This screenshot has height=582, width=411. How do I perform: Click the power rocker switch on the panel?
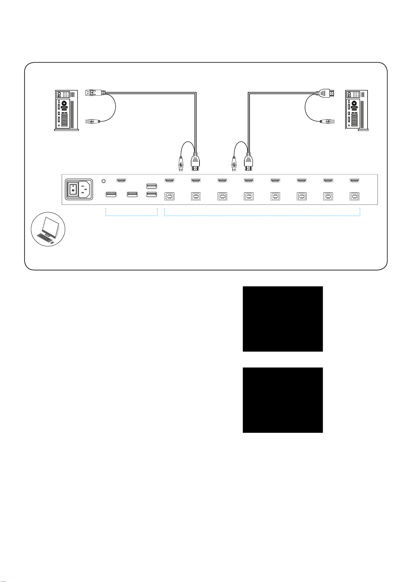72,189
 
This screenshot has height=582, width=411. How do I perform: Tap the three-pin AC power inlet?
85,189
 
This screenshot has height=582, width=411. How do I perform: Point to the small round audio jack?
105,181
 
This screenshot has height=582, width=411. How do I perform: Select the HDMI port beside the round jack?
121,180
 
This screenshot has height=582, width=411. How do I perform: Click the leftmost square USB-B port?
169,196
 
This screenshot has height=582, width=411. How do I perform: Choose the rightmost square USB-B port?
354,196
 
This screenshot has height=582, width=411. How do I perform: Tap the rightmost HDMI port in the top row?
354,180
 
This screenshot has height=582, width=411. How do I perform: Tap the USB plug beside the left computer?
92,121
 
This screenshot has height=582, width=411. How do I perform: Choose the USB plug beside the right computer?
327,121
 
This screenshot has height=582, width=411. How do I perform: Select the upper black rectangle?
283,319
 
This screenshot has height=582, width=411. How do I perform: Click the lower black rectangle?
283,400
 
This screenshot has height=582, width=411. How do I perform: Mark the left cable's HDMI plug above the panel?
196,163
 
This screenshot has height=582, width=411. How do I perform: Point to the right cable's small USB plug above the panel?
234,163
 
